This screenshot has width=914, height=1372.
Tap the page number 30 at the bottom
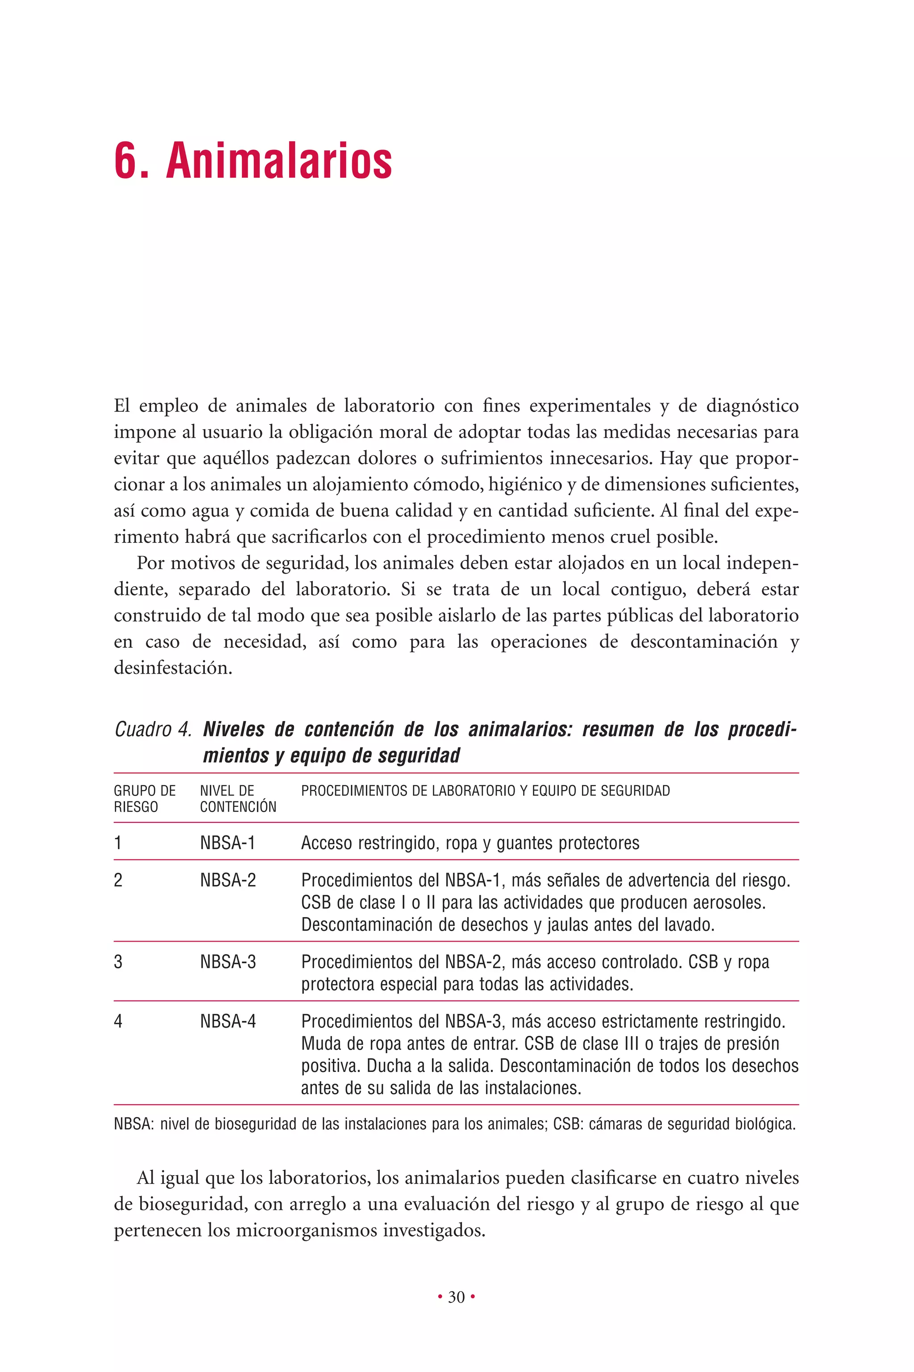[x=457, y=1297]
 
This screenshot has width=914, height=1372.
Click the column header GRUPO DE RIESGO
[x=144, y=798]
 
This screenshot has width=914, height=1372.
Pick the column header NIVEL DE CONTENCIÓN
[x=238, y=798]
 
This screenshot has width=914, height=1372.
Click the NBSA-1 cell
[x=227, y=842]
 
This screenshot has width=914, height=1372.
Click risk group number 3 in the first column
[x=118, y=962]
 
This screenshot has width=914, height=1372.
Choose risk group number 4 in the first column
[x=118, y=1021]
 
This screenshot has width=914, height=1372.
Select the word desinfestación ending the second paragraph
[x=173, y=667]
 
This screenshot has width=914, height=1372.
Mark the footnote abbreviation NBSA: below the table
[x=133, y=1124]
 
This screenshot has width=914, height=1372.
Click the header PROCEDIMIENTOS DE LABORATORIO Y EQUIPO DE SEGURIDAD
[x=485, y=791]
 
